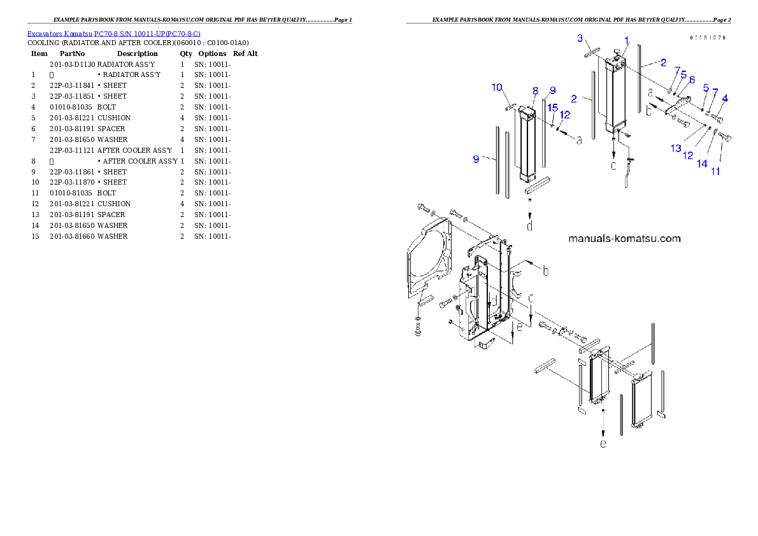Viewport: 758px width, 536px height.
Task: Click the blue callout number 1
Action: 627,40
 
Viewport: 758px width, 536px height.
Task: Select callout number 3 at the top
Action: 580,39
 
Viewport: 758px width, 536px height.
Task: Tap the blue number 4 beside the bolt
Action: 725,97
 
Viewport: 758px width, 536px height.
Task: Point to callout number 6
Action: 692,80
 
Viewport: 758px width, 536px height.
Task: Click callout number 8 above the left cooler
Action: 536,91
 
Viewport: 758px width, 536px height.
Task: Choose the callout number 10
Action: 497,87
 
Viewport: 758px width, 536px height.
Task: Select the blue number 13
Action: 676,148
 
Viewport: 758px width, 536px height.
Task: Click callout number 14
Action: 702,164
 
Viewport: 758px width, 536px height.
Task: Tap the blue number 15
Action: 553,107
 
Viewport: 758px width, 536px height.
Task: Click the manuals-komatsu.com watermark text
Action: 624,239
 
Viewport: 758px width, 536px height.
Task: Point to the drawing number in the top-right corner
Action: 708,38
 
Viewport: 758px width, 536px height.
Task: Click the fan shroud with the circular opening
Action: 428,258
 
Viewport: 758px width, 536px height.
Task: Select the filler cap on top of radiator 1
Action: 616,52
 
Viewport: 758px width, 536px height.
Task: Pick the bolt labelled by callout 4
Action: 719,118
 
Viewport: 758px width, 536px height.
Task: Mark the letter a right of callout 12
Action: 579,141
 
